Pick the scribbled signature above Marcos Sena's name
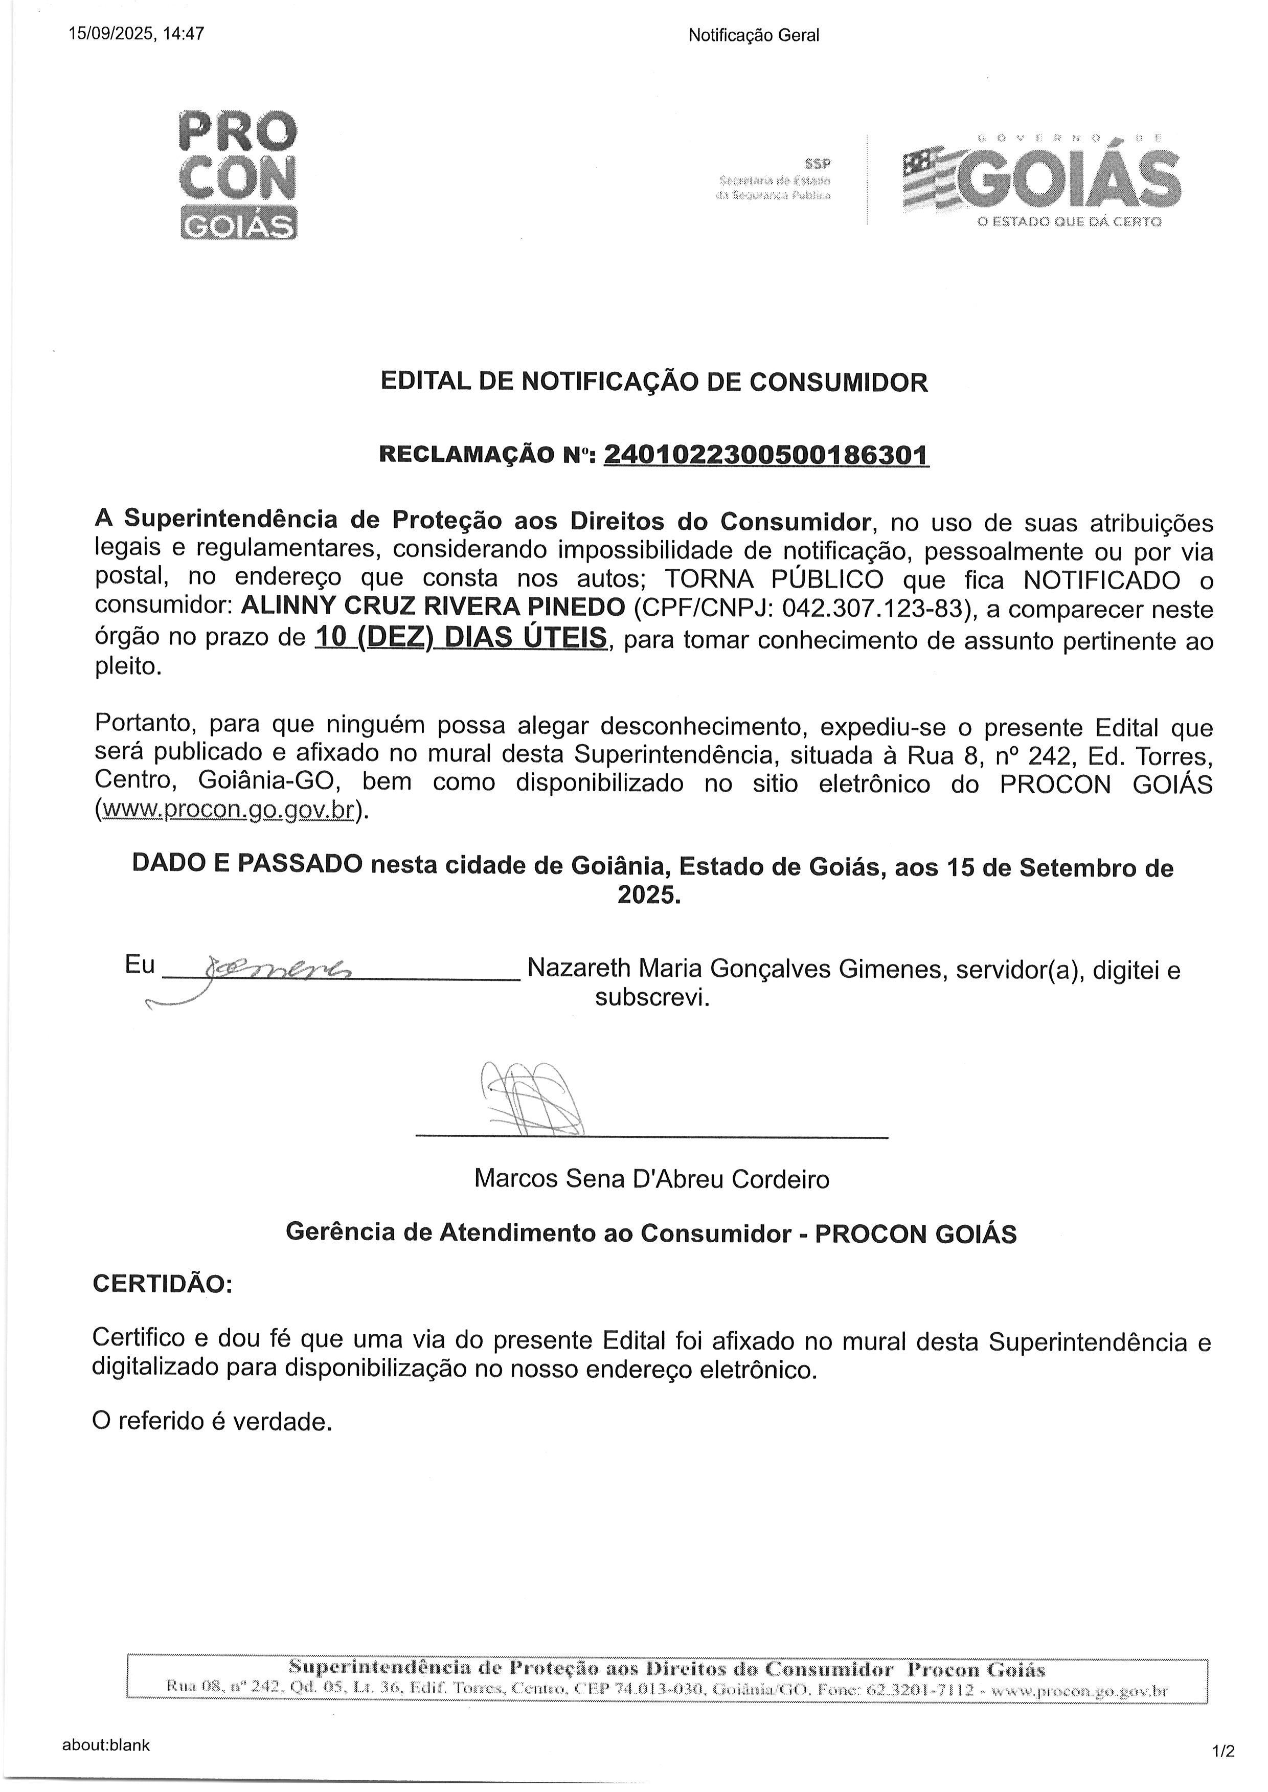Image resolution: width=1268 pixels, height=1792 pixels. (531, 1099)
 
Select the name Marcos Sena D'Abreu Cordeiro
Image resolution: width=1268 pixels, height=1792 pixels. (651, 1178)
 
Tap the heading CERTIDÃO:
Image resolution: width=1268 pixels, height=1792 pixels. (163, 1284)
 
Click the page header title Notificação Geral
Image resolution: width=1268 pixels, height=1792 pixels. (754, 35)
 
